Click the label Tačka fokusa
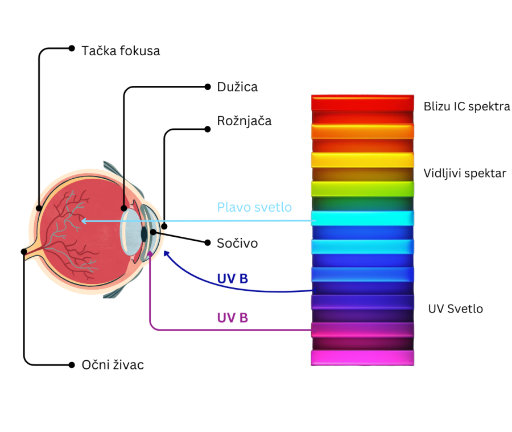pos(121,51)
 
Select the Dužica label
pos(237,87)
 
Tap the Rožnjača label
pos(244,121)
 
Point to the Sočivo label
pos(237,243)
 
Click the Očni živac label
pos(113,365)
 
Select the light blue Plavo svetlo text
pos(254,207)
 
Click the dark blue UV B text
pos(232,279)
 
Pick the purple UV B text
pos(232,318)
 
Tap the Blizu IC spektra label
pos(466,106)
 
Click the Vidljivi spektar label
pos(465,173)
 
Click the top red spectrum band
pos(362,103)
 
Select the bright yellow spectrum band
pos(362,160)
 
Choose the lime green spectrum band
pos(362,188)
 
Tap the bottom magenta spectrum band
pos(362,358)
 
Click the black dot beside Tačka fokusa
pos(72,48)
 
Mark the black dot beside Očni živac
pos(72,364)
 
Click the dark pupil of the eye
pos(144,233)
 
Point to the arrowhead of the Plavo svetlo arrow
pos(84,220)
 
